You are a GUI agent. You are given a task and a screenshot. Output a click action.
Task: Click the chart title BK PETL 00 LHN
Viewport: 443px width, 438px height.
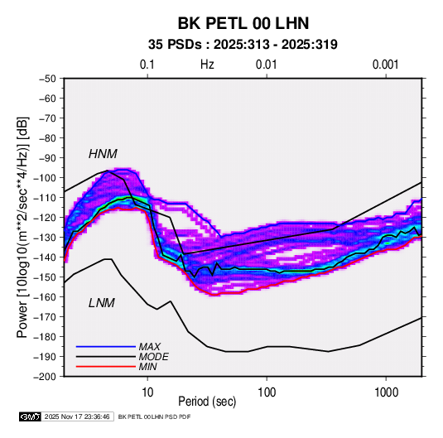click(x=243, y=23)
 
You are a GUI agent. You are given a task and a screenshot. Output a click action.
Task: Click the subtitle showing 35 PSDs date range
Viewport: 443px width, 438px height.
click(x=243, y=45)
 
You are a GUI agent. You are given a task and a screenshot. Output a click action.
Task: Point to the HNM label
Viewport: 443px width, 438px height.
click(x=103, y=154)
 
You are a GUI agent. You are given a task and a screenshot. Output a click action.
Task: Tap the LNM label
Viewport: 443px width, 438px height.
click(x=102, y=303)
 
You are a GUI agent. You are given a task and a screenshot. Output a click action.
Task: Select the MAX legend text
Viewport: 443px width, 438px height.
click(x=149, y=347)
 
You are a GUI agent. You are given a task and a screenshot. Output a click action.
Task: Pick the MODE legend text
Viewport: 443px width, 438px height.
click(x=154, y=357)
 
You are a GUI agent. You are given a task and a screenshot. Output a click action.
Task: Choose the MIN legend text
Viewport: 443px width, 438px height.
click(x=147, y=367)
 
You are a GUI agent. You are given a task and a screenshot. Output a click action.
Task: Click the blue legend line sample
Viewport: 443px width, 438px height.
click(x=106, y=346)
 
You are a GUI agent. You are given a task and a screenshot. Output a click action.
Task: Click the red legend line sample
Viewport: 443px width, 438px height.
click(x=106, y=367)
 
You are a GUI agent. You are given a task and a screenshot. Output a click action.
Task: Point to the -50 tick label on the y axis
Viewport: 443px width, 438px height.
click(x=47, y=79)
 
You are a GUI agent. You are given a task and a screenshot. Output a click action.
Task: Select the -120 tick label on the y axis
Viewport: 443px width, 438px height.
click(x=45, y=218)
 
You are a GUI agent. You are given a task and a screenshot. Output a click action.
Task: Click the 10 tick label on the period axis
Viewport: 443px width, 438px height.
click(x=147, y=392)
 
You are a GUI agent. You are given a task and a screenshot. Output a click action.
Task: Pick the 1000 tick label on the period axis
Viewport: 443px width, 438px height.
click(x=386, y=392)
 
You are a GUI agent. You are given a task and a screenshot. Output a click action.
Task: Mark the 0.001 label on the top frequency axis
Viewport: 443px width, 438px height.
click(x=385, y=65)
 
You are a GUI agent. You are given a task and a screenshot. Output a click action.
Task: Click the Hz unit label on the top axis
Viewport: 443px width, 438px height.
click(x=207, y=65)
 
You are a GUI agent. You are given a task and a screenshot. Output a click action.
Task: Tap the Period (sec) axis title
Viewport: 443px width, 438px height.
click(x=207, y=402)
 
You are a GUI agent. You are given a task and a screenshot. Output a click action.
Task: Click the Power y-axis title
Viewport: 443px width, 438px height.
click(x=22, y=228)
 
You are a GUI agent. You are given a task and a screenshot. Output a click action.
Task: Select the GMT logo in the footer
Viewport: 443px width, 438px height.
click(x=30, y=416)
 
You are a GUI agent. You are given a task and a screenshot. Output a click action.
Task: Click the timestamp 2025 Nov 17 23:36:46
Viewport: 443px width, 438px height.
click(x=77, y=416)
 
